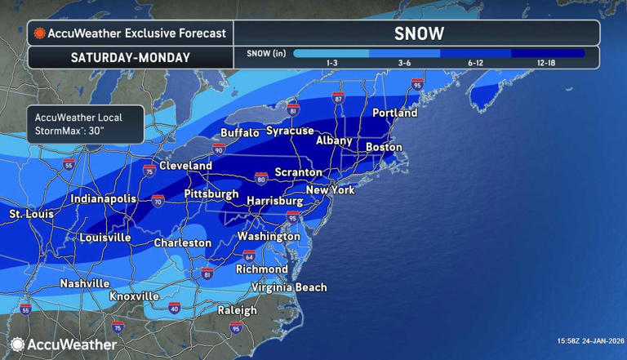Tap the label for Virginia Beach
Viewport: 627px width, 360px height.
pyautogui.click(x=289, y=287)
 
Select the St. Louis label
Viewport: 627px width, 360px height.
pyautogui.click(x=31, y=214)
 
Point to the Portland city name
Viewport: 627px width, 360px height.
pyautogui.click(x=394, y=113)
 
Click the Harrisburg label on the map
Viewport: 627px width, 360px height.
pyautogui.click(x=274, y=200)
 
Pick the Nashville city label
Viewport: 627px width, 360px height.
pyautogui.click(x=84, y=283)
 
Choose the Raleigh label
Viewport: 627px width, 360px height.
pyautogui.click(x=237, y=310)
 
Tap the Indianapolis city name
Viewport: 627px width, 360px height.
pyautogui.click(x=103, y=199)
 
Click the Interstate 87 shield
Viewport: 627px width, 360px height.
pyautogui.click(x=338, y=98)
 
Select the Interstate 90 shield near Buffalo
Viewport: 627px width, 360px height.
pyautogui.click(x=218, y=149)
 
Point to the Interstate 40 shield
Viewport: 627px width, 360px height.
pyautogui.click(x=174, y=308)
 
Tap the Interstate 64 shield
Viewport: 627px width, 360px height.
pyautogui.click(x=248, y=256)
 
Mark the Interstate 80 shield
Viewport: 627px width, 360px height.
pyautogui.click(x=260, y=176)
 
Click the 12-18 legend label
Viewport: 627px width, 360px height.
pyautogui.click(x=547, y=63)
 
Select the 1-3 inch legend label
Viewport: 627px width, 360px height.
pyautogui.click(x=332, y=63)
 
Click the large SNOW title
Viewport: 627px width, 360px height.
pyautogui.click(x=418, y=33)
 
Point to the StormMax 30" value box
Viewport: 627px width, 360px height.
pyautogui.click(x=85, y=124)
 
